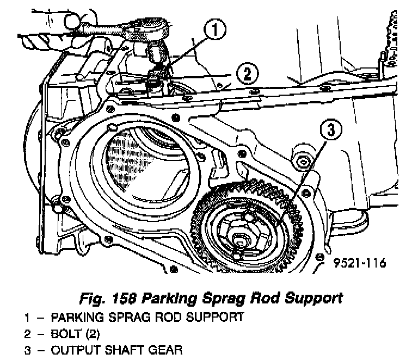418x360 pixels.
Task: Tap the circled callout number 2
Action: pyautogui.click(x=248, y=73)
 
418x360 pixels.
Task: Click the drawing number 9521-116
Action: pyautogui.click(x=361, y=263)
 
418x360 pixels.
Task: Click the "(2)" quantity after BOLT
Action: pyautogui.click(x=91, y=332)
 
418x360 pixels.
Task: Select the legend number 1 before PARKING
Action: pyautogui.click(x=26, y=316)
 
